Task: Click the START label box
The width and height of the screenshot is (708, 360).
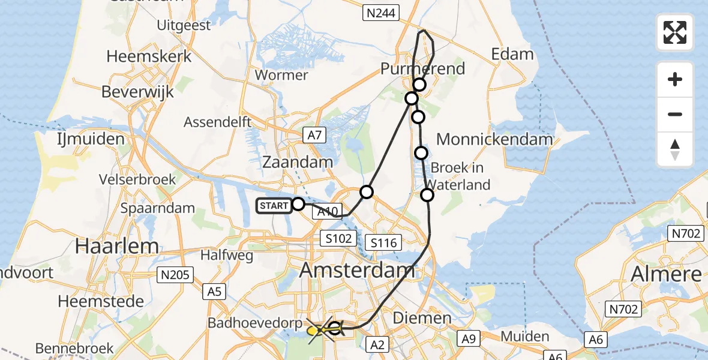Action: (x=274, y=206)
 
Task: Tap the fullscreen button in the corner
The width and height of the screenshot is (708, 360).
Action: (x=675, y=32)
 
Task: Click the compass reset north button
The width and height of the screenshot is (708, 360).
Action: (x=675, y=149)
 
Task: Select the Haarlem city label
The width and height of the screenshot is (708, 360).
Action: (x=118, y=245)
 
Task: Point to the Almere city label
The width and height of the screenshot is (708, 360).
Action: (x=666, y=274)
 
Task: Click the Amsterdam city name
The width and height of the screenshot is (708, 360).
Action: (x=356, y=271)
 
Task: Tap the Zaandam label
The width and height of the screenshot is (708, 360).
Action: (x=298, y=162)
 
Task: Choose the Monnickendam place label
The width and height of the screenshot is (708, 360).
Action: (x=494, y=140)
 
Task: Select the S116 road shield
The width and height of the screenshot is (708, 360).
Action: (x=383, y=243)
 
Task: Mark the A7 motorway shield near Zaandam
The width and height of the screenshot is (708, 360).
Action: (x=314, y=136)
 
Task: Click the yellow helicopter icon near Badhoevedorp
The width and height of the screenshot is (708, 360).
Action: (x=314, y=330)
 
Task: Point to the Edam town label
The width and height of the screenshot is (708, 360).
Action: (x=512, y=54)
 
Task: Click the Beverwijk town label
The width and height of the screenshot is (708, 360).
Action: (x=137, y=92)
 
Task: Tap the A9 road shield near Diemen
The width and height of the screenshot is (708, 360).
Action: (x=469, y=340)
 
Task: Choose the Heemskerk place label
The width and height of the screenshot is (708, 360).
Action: (x=149, y=56)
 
